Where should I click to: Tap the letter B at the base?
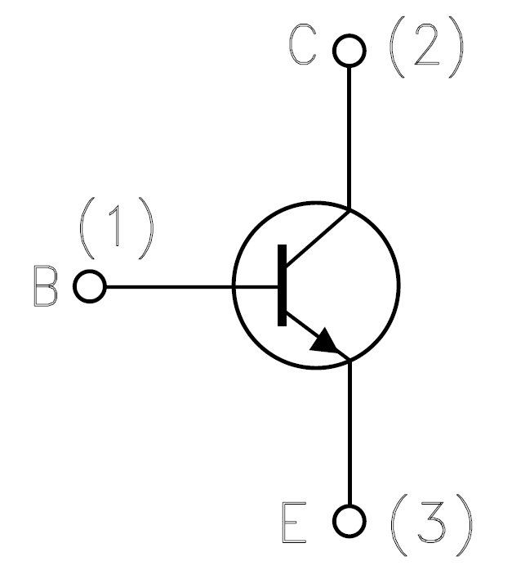pos(46,287)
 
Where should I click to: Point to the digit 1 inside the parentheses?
pos(117,227)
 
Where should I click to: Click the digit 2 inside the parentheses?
pos(425,50)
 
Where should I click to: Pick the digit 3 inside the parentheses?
pos(430,520)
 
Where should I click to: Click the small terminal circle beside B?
pos(90,288)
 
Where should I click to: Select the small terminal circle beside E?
pos(349,519)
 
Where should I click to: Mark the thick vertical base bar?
pos(282,285)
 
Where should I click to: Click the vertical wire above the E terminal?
pos(349,433)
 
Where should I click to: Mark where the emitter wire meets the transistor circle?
pos(349,361)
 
